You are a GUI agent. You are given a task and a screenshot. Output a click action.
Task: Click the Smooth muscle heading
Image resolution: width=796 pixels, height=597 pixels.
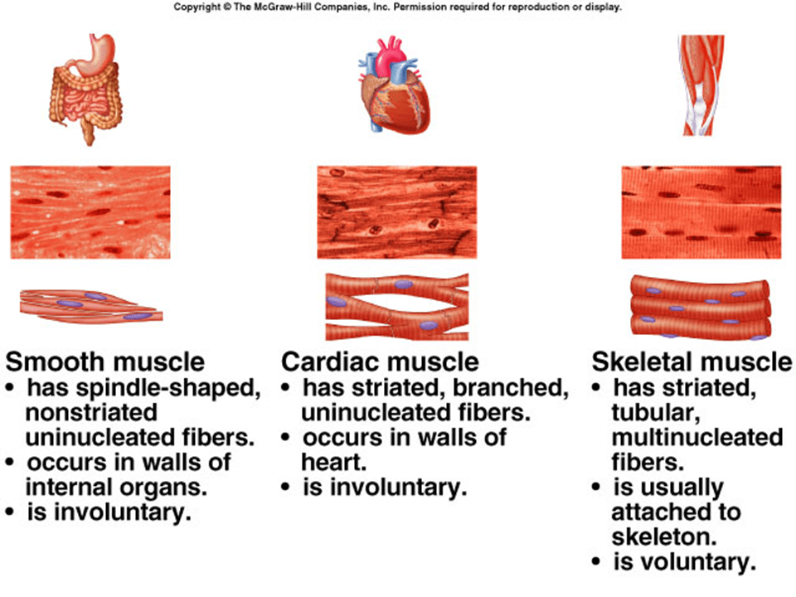[105, 362]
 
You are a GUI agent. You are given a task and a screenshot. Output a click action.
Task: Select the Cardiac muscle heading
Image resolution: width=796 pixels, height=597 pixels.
[381, 362]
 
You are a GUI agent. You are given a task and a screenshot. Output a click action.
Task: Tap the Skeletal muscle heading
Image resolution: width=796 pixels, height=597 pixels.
[692, 362]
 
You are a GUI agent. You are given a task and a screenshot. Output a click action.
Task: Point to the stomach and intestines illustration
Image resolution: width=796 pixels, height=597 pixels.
[85, 89]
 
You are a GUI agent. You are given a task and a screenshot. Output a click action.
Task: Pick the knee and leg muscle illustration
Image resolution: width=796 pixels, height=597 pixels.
[701, 85]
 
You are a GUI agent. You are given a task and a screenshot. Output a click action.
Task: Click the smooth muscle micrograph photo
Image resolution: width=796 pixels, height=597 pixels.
[90, 212]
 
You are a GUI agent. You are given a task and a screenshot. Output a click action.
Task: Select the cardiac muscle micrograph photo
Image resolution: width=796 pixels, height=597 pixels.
[397, 212]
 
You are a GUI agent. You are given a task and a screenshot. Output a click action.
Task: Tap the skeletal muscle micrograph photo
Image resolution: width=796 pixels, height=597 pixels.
[701, 212]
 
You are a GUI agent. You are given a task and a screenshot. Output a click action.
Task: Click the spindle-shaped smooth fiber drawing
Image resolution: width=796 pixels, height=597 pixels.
[91, 306]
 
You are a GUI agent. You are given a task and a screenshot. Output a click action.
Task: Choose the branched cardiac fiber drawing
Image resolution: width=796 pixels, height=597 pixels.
[397, 307]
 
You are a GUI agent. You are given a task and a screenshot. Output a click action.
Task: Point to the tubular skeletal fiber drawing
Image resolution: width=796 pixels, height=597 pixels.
[701, 307]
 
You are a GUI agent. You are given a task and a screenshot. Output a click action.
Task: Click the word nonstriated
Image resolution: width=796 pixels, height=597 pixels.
[91, 412]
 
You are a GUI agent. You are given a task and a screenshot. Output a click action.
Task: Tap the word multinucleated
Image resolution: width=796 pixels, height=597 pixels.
[697, 438]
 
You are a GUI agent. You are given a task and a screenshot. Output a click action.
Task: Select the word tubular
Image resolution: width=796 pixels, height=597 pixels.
[656, 413]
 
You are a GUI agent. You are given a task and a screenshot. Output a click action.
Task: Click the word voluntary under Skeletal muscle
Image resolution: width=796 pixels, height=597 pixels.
[685, 562]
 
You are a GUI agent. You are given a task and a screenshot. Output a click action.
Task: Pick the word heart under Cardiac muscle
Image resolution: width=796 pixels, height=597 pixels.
[334, 463]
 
